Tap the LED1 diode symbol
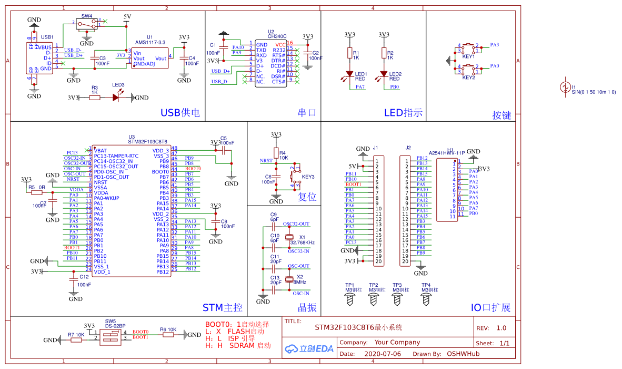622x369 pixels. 348,74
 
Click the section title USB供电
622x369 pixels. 180,113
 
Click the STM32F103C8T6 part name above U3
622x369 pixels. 148,142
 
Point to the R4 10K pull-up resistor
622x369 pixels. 276,154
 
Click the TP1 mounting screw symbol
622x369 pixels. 350,299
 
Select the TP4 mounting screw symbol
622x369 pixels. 426,299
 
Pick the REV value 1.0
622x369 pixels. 501,327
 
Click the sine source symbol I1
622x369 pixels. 566,88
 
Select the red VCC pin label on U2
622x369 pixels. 280,44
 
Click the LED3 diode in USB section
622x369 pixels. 116,97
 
